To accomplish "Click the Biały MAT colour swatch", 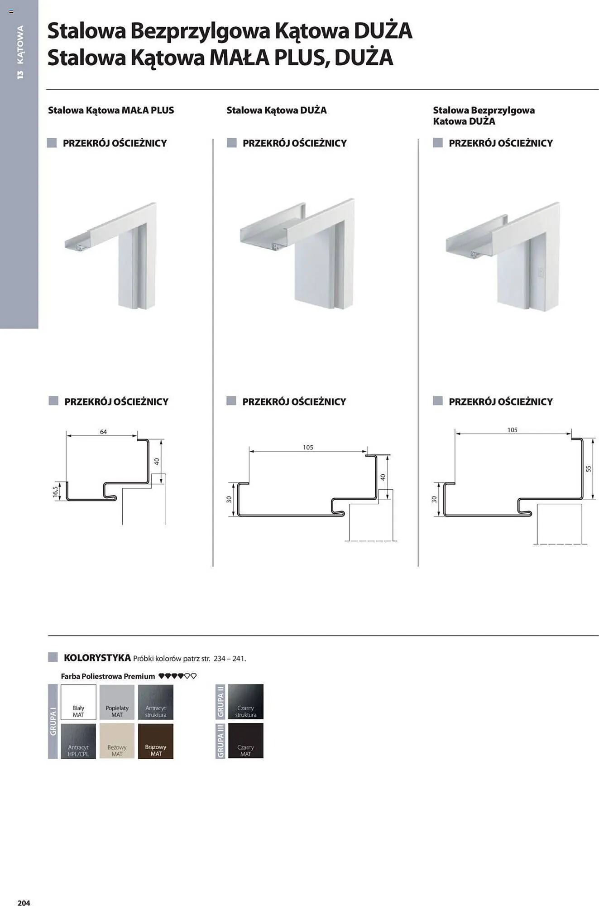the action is click(x=78, y=702).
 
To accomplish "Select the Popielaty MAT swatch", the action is click(x=117, y=702).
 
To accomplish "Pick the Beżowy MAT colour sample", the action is click(x=117, y=741).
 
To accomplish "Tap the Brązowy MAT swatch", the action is click(x=156, y=741).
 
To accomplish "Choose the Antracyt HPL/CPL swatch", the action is click(x=78, y=741).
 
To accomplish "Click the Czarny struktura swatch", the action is click(x=246, y=702).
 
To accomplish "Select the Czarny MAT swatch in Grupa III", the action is click(x=246, y=741).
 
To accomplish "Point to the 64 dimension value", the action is click(x=103, y=432).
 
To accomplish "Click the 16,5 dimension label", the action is click(x=56, y=492).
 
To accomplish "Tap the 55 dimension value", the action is click(x=589, y=469).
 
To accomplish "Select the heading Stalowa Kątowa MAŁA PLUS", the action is click(x=111, y=110).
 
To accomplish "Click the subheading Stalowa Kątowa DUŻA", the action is click(x=277, y=110).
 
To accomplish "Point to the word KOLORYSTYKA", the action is click(x=97, y=658).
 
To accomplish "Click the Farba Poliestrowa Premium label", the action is click(x=108, y=676).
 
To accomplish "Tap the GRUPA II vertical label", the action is click(x=220, y=702).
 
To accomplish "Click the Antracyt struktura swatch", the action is click(x=156, y=702).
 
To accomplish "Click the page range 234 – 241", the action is click(x=230, y=659).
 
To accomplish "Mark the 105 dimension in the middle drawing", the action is click(x=308, y=447).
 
